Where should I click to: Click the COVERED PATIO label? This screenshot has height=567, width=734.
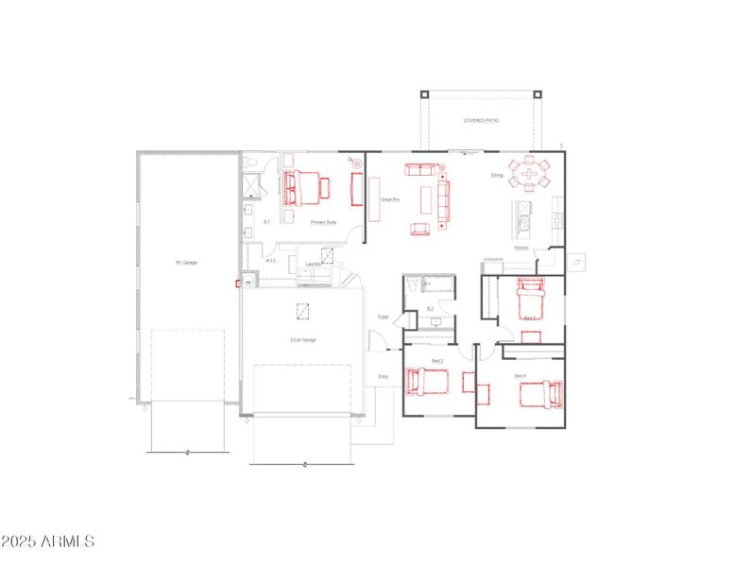[481, 122]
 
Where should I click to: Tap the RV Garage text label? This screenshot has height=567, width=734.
[185, 263]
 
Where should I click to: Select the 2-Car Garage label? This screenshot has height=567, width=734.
[302, 339]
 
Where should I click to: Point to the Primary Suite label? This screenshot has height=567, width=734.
[323, 222]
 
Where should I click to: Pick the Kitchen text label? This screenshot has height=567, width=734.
[521, 249]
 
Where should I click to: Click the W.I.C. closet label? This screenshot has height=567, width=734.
[269, 262]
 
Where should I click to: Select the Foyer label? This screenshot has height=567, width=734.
[384, 317]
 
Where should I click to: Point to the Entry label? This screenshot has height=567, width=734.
[384, 377]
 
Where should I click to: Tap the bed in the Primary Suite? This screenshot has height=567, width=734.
[302, 187]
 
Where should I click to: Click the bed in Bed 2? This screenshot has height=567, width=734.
[427, 382]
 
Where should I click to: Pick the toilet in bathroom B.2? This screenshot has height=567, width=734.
[412, 285]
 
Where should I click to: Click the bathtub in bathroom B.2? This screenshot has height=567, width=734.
[439, 283]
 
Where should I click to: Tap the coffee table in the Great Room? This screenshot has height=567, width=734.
[425, 198]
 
